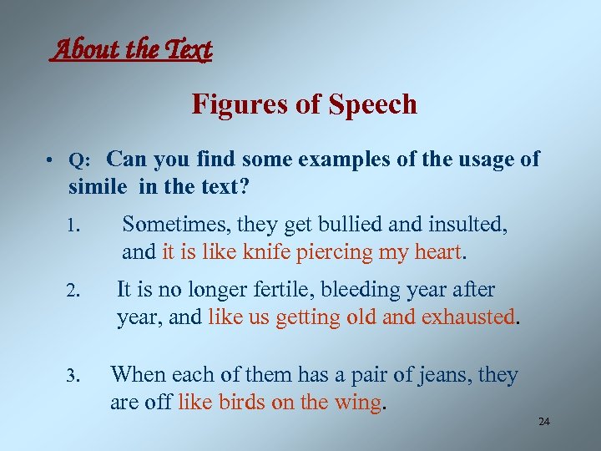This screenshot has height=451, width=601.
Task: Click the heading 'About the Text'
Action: click(132, 51)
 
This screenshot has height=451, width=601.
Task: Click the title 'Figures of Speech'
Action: click(304, 104)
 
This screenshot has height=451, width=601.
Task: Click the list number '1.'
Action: click(73, 225)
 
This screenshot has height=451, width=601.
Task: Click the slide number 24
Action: click(544, 423)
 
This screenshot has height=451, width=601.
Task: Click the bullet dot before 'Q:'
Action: click(52, 161)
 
